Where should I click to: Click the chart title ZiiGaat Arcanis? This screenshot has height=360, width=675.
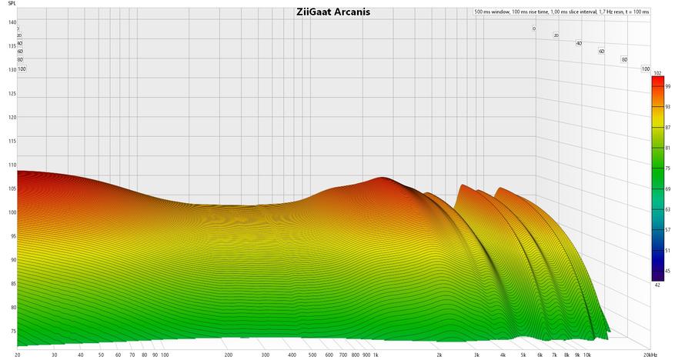[x=332, y=12]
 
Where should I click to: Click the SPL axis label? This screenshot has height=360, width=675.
[x=12, y=5]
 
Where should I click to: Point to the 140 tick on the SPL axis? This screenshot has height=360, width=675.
[x=12, y=22]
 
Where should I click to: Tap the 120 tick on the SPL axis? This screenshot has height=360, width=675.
[x=12, y=118]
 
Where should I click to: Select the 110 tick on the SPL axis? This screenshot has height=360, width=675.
[x=12, y=165]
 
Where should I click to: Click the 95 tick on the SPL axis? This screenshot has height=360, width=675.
[x=12, y=236]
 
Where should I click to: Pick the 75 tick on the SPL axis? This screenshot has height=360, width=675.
[x=12, y=332]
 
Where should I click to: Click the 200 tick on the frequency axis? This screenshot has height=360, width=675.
[x=229, y=355]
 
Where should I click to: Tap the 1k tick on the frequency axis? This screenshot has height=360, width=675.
[x=376, y=355]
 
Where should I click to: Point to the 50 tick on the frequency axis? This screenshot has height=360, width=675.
[x=101, y=355]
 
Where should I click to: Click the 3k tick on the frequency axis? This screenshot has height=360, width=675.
[x=477, y=355]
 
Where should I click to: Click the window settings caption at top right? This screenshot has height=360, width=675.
[x=562, y=12]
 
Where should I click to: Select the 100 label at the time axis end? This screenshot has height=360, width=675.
[x=646, y=69]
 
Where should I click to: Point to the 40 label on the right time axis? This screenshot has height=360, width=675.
[x=579, y=43]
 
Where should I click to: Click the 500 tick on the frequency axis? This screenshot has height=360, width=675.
[x=312, y=355]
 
